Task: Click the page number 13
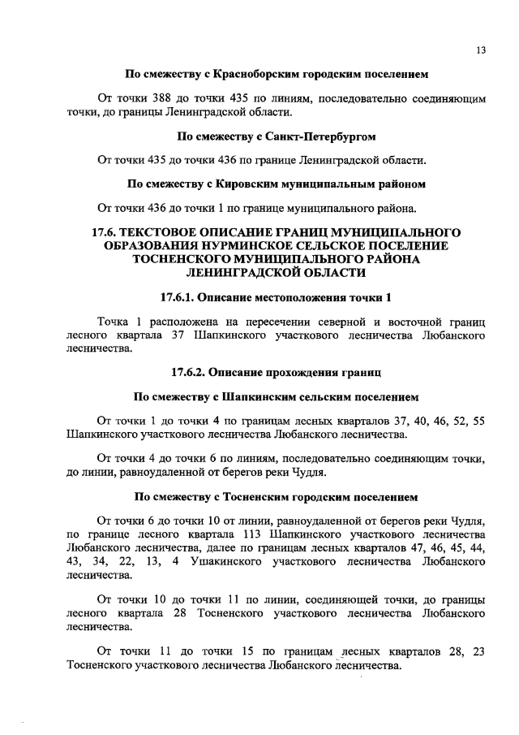click(481, 50)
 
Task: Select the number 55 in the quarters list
click(478, 421)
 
